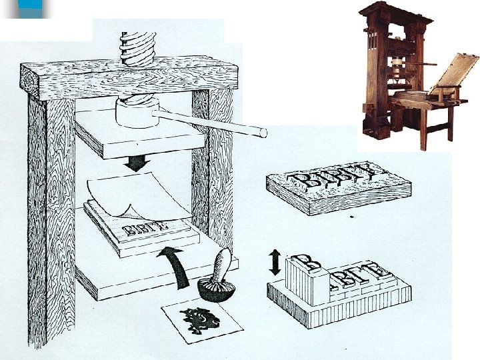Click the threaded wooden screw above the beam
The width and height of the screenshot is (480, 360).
(x=138, y=44)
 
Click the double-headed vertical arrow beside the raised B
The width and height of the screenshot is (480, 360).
(x=275, y=263)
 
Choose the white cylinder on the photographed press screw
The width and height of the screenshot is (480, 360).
(x=399, y=67)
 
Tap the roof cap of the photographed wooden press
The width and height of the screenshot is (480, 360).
(x=393, y=11)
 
